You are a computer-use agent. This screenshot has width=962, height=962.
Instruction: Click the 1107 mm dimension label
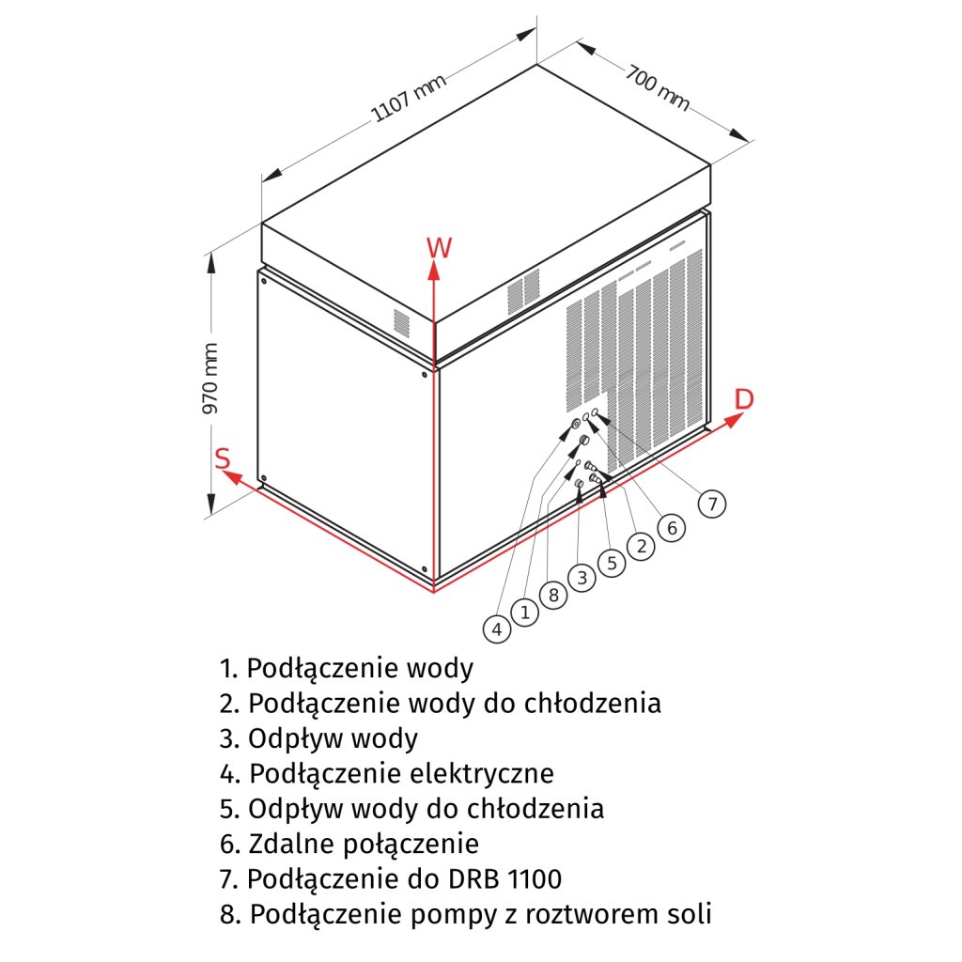pyautogui.click(x=409, y=99)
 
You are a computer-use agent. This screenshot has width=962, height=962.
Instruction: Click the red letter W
pyautogui.click(x=439, y=248)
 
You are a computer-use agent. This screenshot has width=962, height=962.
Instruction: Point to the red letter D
pyautogui.click(x=743, y=398)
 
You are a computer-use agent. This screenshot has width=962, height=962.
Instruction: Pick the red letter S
pyautogui.click(x=223, y=458)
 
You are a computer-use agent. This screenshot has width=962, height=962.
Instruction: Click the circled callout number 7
pyautogui.click(x=712, y=504)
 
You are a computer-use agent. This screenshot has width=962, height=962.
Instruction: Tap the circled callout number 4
pyautogui.click(x=498, y=628)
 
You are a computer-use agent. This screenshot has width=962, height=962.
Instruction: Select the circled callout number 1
pyautogui.click(x=525, y=613)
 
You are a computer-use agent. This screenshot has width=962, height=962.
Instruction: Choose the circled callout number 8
pyautogui.click(x=553, y=595)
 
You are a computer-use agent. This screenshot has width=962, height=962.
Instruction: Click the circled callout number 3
pyautogui.click(x=582, y=578)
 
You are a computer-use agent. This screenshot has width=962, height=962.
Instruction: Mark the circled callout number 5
pyautogui.click(x=612, y=563)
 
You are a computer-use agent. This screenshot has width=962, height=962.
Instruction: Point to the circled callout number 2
pyautogui.click(x=641, y=546)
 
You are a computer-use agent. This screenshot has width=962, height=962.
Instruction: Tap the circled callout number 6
pyautogui.click(x=670, y=528)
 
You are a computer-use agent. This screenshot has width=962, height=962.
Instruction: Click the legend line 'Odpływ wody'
pyautogui.click(x=319, y=738)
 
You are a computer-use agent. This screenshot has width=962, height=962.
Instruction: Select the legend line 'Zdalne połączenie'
pyautogui.click(x=349, y=844)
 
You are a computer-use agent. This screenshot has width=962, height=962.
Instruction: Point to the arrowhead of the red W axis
pyautogui.click(x=433, y=271)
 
